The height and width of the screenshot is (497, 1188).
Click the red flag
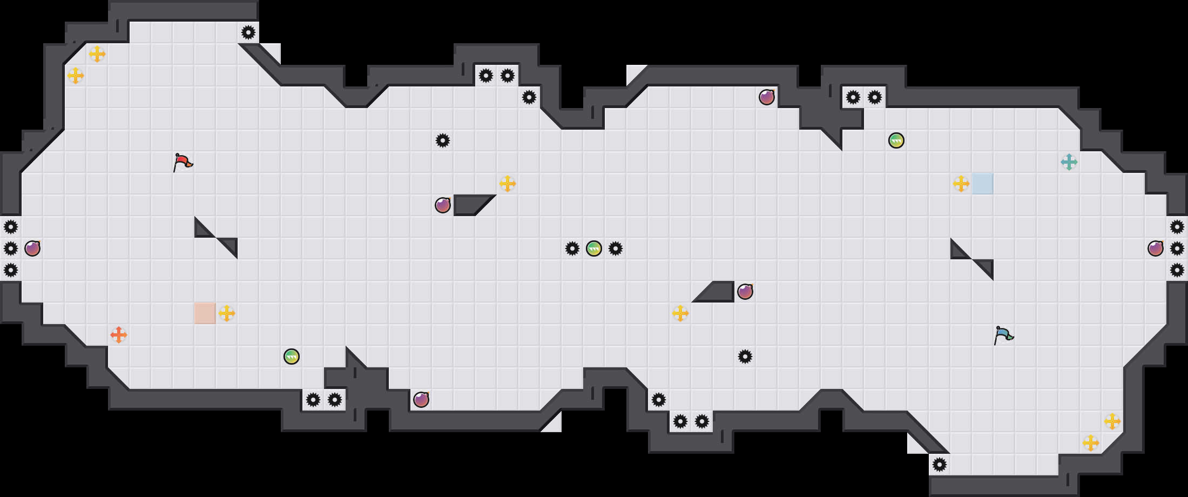pyautogui.click(x=183, y=162)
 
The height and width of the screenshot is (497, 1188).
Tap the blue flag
pyautogui.click(x=1003, y=335)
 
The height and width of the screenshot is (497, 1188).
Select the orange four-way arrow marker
pyautogui.click(x=119, y=335)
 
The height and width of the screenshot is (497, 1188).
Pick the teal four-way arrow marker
pyautogui.click(x=1069, y=162)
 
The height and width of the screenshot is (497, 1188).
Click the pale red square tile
pyautogui.click(x=205, y=313)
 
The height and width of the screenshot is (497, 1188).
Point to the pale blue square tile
pyautogui.click(x=983, y=184)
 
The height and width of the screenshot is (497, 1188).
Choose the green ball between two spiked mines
pyautogui.click(x=594, y=249)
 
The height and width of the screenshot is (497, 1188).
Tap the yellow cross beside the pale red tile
pyautogui.click(x=227, y=313)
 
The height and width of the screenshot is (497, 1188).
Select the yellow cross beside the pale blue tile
pyautogui.click(x=961, y=184)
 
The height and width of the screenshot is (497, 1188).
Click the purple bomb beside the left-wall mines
pyautogui.click(x=32, y=249)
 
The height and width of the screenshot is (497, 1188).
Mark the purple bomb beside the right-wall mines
pyautogui.click(x=1156, y=249)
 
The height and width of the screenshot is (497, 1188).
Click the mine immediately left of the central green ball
pyautogui.click(x=572, y=249)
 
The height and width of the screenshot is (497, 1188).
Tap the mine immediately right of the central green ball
pyautogui.click(x=616, y=249)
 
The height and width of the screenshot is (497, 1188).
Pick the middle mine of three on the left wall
pyautogui.click(x=11, y=249)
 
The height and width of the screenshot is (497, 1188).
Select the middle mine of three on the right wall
pyautogui.click(x=1177, y=249)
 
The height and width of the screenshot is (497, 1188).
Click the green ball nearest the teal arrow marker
pyautogui.click(x=896, y=140)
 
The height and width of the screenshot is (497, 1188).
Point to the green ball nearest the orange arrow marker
pyautogui.click(x=292, y=357)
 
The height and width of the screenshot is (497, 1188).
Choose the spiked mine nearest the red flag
pyautogui.click(x=248, y=32)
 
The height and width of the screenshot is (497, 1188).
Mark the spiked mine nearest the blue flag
pyautogui.click(x=940, y=465)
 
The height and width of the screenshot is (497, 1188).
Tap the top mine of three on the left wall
pyautogui.click(x=11, y=227)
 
